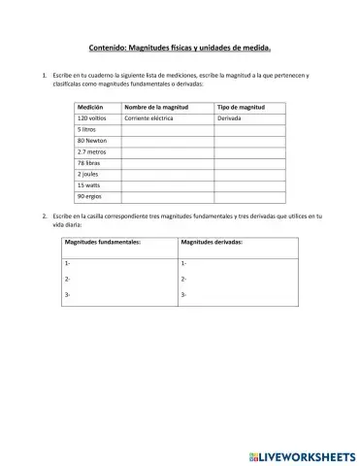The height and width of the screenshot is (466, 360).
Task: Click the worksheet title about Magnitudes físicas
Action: click(x=180, y=46)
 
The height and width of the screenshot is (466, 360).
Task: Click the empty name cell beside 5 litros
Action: click(x=167, y=128)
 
